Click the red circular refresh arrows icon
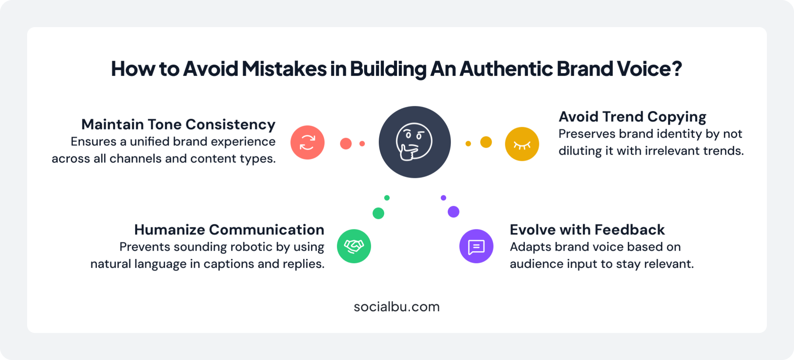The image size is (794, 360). coord(307,142)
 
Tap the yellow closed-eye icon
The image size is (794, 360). coord(522,144)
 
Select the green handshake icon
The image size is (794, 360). coord(354,246)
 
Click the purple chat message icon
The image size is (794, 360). coord(476,246)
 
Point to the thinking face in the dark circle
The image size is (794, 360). coord(414,142)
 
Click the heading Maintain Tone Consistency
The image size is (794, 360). coord(178,124)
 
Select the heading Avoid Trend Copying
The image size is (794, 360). coord(632,117)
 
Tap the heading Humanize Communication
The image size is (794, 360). coord(229,230)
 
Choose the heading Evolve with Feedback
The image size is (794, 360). coord(587,230)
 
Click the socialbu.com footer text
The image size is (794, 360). coord(397,307)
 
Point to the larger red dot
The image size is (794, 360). coord(346,143)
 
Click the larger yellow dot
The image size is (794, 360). coord(486,142)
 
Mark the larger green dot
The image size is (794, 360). coord(378,213)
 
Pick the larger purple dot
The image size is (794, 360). coord(454,212)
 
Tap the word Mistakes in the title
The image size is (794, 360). coord(284,69)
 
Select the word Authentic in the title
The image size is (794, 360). coord(506,69)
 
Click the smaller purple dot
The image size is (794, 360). coord(444,198)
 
